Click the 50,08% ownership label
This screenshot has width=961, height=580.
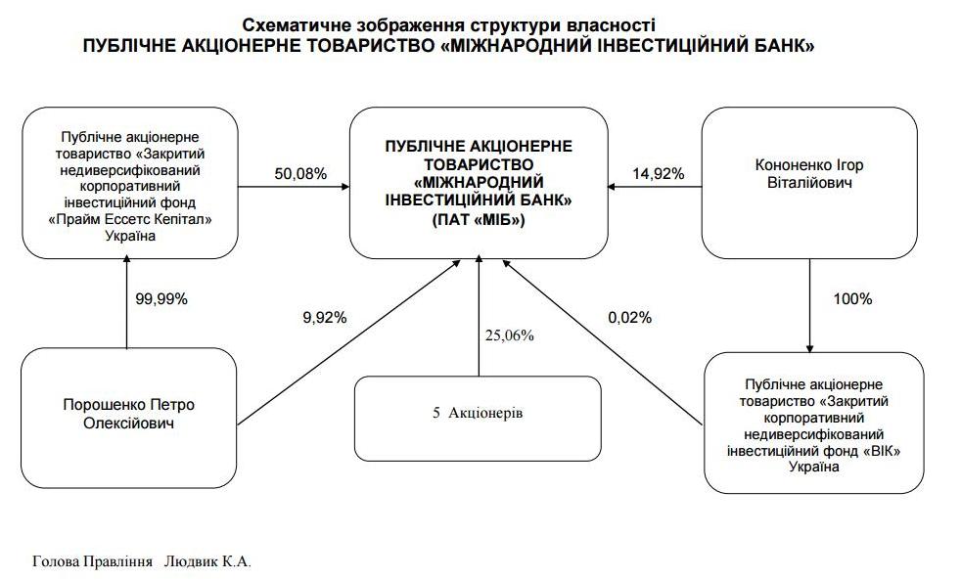(x=300, y=174)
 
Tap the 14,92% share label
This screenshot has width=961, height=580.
(x=659, y=174)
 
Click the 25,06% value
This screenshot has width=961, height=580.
(x=510, y=335)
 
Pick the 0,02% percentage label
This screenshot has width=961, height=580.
(x=628, y=317)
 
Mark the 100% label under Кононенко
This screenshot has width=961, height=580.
(x=852, y=298)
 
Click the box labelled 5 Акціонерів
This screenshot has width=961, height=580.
(x=478, y=413)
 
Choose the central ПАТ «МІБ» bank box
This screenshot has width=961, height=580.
(x=479, y=183)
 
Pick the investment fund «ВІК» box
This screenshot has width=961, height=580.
(x=813, y=422)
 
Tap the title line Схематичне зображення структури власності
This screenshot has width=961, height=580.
(x=449, y=24)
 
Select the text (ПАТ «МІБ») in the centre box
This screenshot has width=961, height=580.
(x=479, y=221)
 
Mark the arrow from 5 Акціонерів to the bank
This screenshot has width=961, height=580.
(x=479, y=318)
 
